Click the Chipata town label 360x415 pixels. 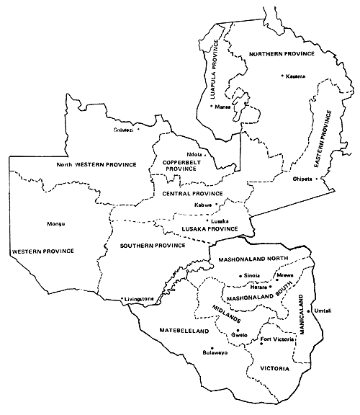(x=302, y=179)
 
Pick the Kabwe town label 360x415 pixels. (x=204, y=205)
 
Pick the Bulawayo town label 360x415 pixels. (x=215, y=354)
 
